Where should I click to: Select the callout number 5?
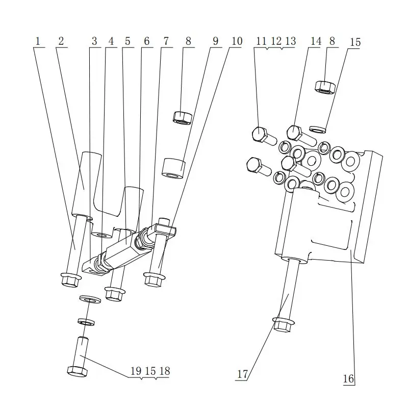pos(127,41)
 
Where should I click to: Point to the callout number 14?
pos(316,41)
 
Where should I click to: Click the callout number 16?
pos(348,378)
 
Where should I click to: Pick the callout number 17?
pos(242,374)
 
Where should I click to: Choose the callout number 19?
pos(136,371)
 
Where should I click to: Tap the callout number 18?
pos(164,371)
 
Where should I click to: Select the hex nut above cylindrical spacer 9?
pos(182,117)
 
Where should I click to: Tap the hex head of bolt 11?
pos(260,133)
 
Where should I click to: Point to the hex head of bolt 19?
pos(77,370)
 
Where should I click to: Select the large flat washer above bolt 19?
pos(90,298)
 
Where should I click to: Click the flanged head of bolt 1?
pos(69,279)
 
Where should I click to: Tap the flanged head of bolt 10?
pos(154,278)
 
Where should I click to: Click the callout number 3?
pos(94,41)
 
